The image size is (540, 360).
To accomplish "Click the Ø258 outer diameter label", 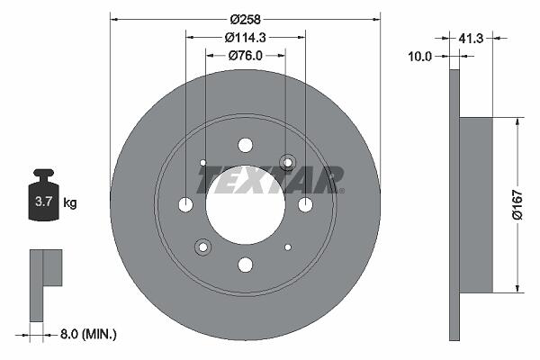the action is click(x=245, y=19).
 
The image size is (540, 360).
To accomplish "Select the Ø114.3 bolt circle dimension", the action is click(x=245, y=38).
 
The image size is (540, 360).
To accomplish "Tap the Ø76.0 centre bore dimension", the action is click(x=245, y=56).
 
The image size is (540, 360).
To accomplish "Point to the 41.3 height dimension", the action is click(x=471, y=38).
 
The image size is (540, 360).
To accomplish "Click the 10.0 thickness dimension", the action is click(x=419, y=56).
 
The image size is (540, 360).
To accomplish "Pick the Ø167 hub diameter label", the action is click(x=517, y=204).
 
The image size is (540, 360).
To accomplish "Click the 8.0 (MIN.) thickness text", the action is click(x=88, y=334).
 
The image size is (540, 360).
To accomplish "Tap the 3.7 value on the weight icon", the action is click(x=44, y=202).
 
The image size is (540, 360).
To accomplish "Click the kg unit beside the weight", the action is click(x=70, y=202).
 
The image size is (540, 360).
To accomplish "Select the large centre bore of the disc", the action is click(x=246, y=205).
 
